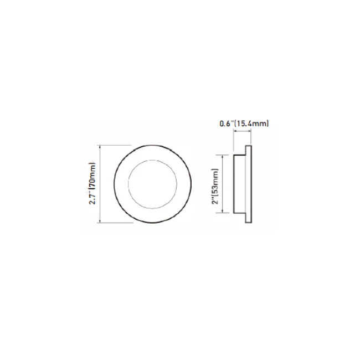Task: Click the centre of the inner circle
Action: pyautogui.click(x=152, y=184)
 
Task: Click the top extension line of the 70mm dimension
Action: pyautogui.click(x=116, y=145)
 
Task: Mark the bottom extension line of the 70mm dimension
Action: pyautogui.click(x=116, y=224)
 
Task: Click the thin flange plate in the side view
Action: pyautogui.click(x=249, y=184)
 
